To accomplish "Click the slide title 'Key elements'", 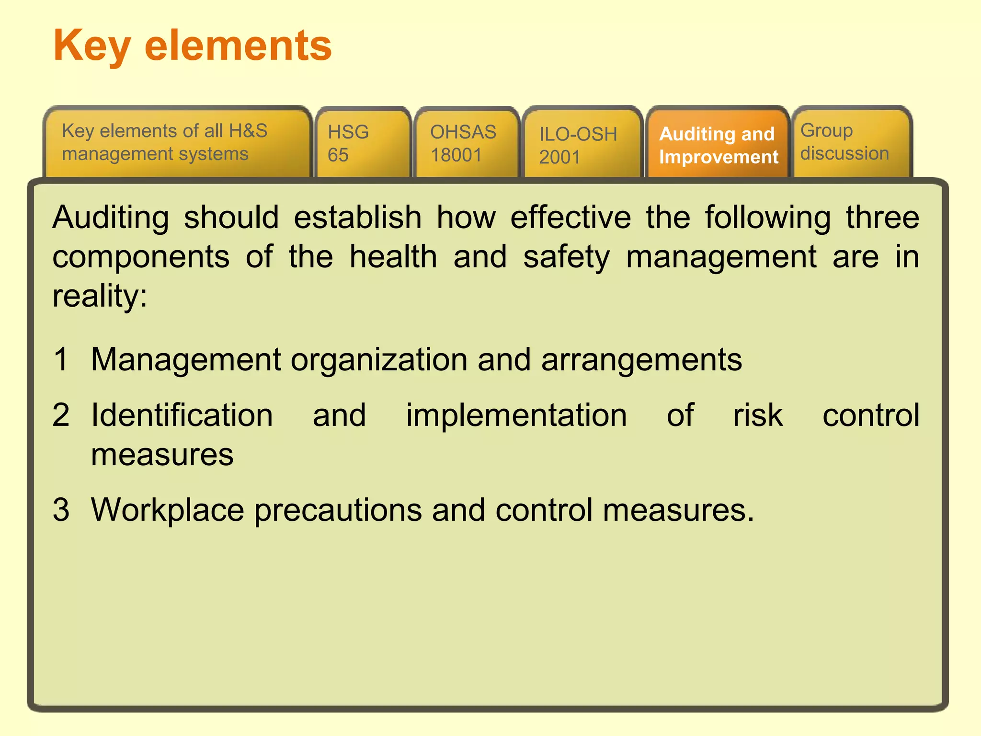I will click(193, 46).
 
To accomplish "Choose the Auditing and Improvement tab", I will click(718, 145).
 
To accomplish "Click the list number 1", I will click(61, 359).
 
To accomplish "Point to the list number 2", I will click(61, 414).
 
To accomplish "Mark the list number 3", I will click(61, 509).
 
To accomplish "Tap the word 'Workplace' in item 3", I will click(168, 510).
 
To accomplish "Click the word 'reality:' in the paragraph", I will click(100, 297).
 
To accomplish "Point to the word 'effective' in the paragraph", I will click(570, 218).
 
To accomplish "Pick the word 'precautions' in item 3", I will click(338, 510).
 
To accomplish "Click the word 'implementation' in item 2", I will click(516, 415).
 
